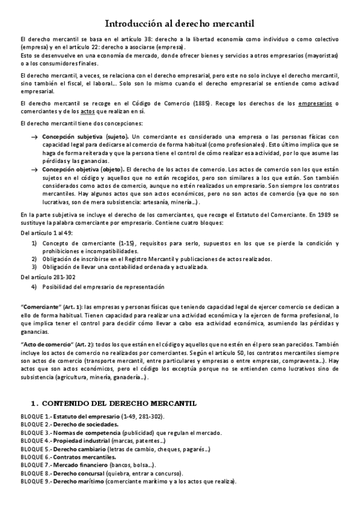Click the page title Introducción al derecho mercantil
point(180,23)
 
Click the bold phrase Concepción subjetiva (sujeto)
point(82,137)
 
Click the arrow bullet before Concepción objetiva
point(34,170)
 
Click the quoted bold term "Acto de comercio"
point(46,343)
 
